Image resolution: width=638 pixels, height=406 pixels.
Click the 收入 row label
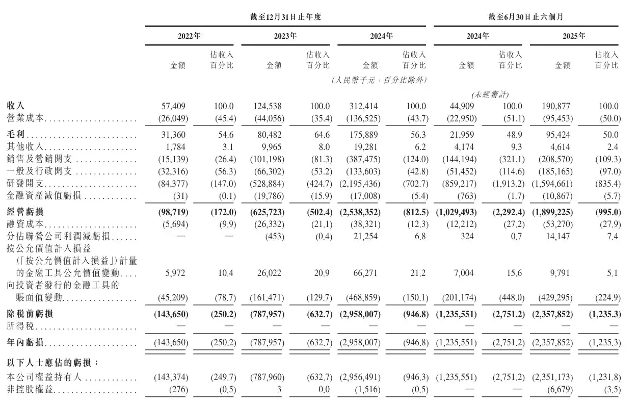pyautogui.click(x=16, y=107)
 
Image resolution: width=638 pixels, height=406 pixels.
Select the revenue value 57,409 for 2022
pyautogui.click(x=174, y=107)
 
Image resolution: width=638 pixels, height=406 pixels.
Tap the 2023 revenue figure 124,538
pyautogui.click(x=267, y=107)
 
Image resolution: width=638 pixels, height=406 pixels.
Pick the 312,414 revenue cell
pyautogui.click(x=363, y=107)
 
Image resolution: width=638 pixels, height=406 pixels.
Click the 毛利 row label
pyautogui.click(x=16, y=135)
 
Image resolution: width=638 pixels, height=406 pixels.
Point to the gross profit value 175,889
pyautogui.click(x=363, y=135)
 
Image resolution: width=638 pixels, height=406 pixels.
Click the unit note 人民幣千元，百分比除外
pyautogui.click(x=379, y=80)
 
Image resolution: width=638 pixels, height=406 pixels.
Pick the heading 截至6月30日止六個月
pyautogui.click(x=525, y=17)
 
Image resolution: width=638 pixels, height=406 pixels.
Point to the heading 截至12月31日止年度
pyautogui.click(x=286, y=17)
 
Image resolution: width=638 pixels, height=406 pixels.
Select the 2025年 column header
pyautogui.click(x=574, y=36)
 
